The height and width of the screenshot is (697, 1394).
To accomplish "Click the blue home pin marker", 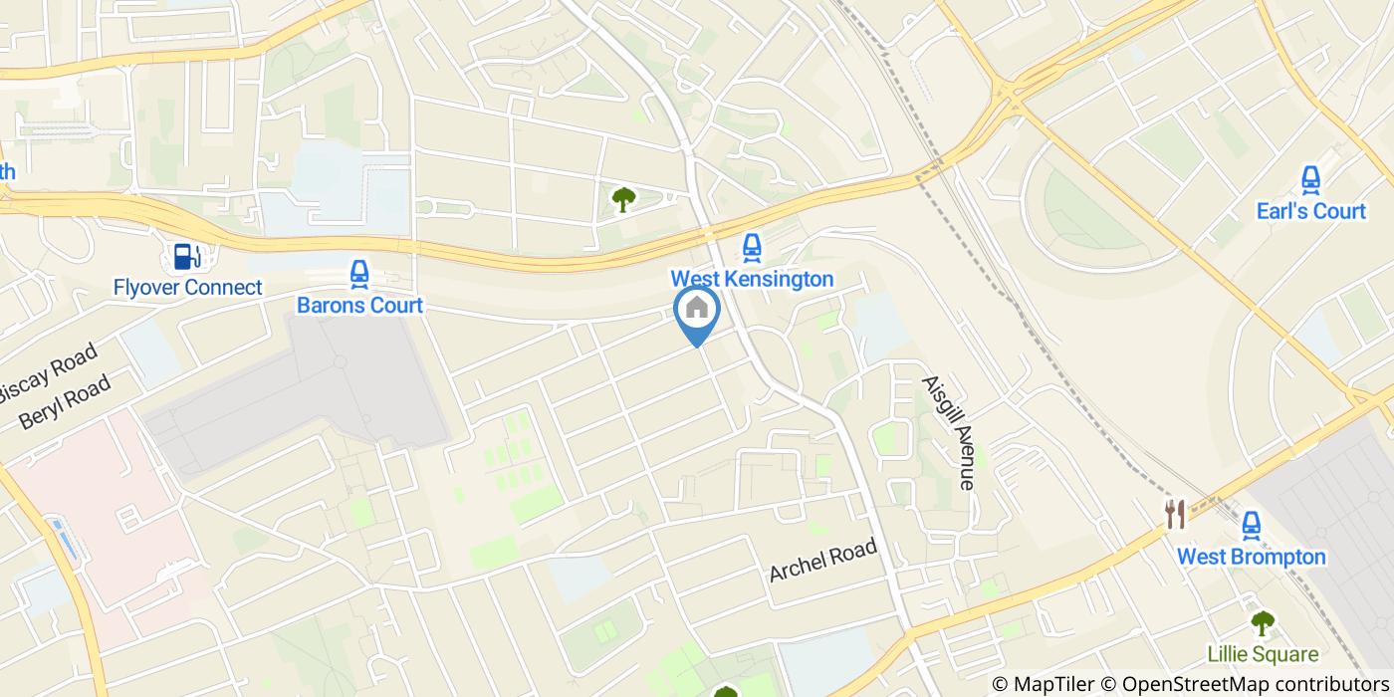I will pos(697,311).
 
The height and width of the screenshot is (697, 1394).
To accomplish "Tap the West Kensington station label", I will pos(752,279).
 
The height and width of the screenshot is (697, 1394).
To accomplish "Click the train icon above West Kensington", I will pos(752,247).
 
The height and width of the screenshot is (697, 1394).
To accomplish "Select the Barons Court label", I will pos(359,305).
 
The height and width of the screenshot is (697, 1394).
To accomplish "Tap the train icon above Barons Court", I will pos(359,273).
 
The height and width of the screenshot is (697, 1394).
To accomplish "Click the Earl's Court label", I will pos(1310,211).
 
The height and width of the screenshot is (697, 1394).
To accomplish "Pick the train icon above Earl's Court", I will pos(1310,180).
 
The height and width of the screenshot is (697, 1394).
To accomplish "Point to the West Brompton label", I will pos(1252,557).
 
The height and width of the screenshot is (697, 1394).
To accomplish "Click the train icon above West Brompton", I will pos(1252,524).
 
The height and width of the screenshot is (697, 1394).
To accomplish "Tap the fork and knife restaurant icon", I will pos(1176,515).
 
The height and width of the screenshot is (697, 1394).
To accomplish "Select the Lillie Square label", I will pos(1263,655).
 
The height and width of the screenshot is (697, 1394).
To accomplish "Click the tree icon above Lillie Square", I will pos(1263,624).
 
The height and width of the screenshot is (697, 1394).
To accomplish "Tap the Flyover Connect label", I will pos(187,288).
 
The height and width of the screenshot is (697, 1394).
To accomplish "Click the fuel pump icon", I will pos(186,256).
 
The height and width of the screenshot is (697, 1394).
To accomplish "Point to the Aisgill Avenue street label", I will pos(947,432).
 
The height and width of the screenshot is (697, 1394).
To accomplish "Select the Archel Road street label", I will pos(822,561).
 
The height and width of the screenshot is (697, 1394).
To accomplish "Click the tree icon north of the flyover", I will pos(623,200).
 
